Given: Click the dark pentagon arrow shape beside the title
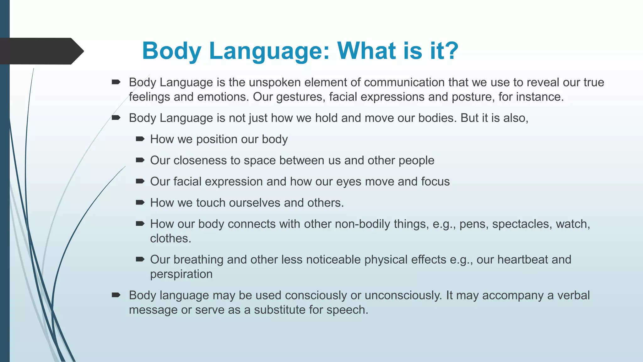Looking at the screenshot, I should (41, 51).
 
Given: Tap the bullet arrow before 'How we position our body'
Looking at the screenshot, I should (140, 139).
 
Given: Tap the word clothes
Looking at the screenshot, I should (170, 239).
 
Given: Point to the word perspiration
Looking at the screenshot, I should (181, 274).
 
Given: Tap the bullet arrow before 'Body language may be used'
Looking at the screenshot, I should (116, 295).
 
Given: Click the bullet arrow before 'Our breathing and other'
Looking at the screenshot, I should (140, 259).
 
